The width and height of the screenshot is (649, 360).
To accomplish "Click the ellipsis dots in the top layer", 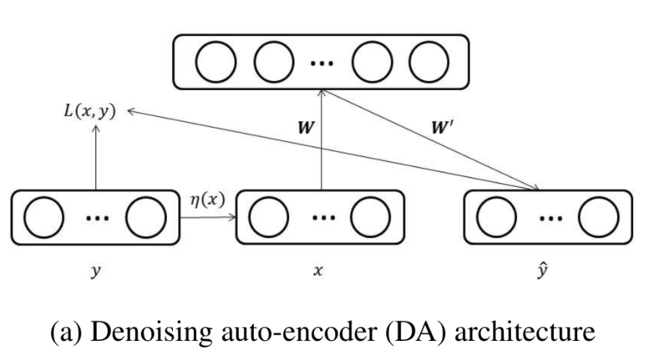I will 321,64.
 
